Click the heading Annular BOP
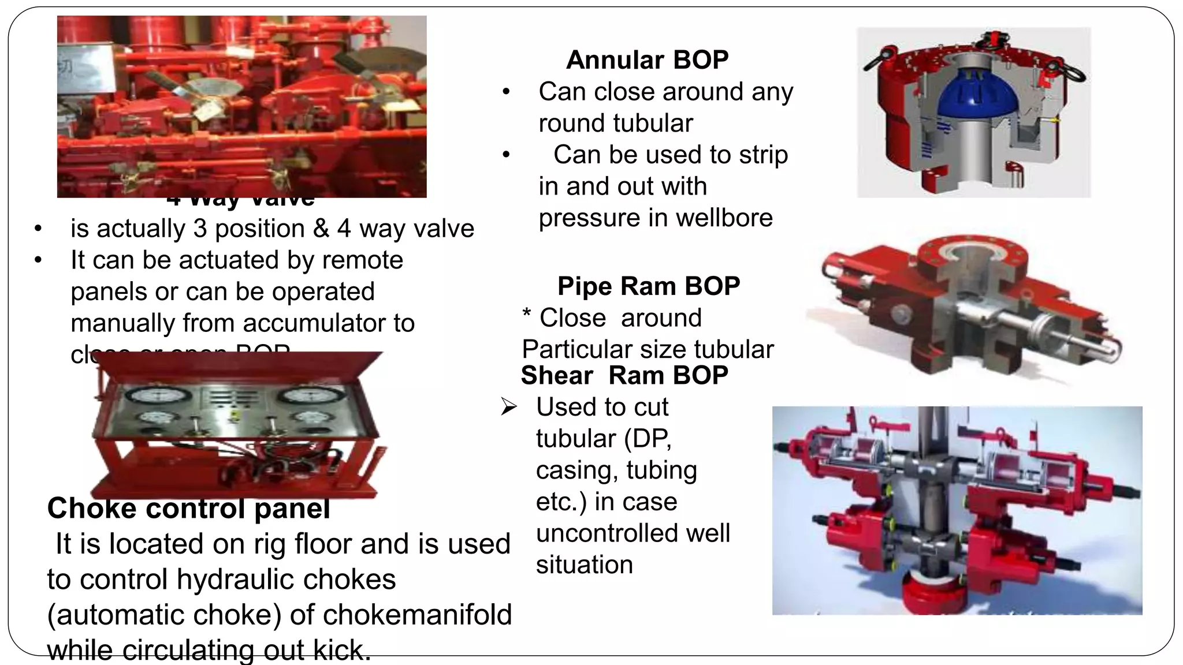(x=647, y=60)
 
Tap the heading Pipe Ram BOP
(x=648, y=286)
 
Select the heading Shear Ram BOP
(x=624, y=376)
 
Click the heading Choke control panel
(x=188, y=509)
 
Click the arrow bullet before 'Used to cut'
(x=508, y=408)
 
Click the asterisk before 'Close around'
(x=526, y=316)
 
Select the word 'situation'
(x=584, y=565)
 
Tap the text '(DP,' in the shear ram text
(x=648, y=439)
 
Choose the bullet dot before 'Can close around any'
(x=506, y=92)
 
